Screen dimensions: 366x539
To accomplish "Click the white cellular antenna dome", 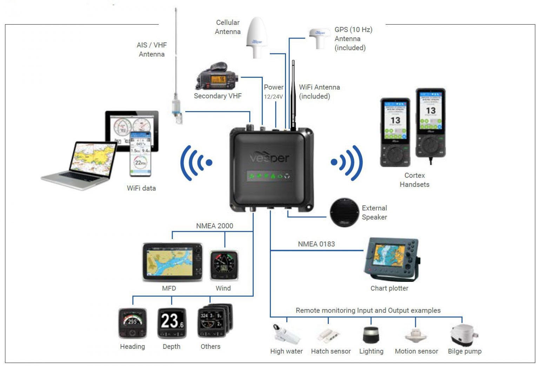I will tap(257, 36).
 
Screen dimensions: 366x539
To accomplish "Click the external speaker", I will tap(344, 212).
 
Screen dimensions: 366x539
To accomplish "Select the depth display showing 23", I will tap(172, 323).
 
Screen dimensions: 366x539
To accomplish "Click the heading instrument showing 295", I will tap(132, 323).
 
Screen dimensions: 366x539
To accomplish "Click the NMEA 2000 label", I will tap(214, 226).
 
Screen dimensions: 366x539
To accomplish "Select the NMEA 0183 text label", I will tap(316, 244).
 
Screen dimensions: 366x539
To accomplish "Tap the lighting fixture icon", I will tap(371, 335).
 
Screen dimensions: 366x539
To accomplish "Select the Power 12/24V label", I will tap(273, 91).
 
